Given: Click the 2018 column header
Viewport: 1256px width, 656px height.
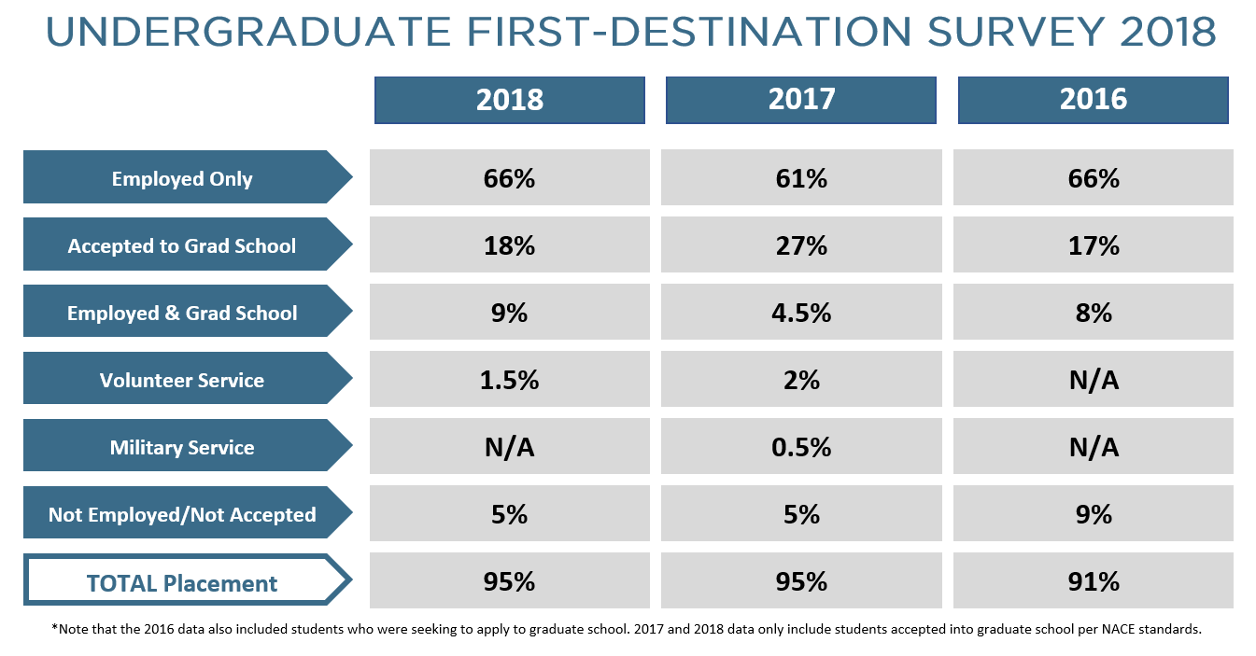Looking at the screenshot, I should [509, 100].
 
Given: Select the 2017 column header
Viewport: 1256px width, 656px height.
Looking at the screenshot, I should [800, 100].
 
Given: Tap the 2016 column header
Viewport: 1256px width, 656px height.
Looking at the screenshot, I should [1093, 100].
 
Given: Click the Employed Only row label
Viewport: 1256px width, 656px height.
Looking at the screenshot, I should [182, 178].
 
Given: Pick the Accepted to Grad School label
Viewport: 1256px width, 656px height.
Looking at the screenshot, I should [182, 246].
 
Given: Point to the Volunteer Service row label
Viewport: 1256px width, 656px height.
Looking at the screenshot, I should [182, 381].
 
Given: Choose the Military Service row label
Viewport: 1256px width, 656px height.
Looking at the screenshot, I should [182, 448].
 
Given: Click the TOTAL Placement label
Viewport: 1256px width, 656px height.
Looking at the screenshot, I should [182, 583].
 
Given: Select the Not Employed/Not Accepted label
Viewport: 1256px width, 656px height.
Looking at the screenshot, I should [182, 514].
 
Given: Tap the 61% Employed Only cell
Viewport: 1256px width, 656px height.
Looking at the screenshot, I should [800, 178].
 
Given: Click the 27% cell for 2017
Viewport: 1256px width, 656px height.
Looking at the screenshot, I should [800, 246].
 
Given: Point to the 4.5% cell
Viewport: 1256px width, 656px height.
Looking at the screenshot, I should [800, 313].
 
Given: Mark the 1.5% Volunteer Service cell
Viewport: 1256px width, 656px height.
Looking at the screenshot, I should [509, 381].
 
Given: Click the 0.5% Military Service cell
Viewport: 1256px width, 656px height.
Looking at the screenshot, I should [800, 448].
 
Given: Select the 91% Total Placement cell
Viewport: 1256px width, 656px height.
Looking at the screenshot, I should [1093, 582].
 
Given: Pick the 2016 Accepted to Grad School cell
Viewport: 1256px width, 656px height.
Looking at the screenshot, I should [1093, 246].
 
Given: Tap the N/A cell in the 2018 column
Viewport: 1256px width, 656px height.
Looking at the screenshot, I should [509, 448].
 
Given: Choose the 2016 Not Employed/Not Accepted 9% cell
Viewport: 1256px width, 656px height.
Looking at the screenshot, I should [1093, 514].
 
